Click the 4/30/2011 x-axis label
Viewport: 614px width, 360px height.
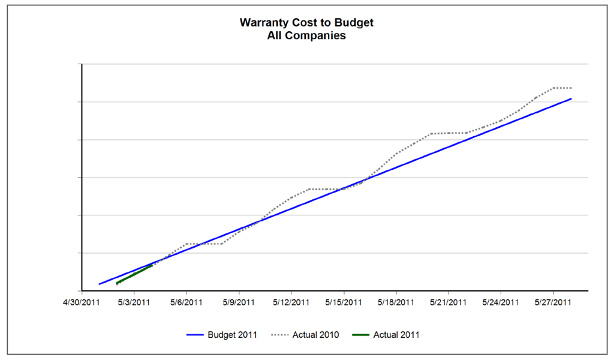pos(82,302)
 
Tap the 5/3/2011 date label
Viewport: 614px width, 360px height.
pos(134,302)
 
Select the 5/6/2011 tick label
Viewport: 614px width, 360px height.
pos(186,302)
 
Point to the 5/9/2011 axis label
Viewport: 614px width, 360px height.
pos(239,302)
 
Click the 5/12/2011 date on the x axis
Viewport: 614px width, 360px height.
pos(291,302)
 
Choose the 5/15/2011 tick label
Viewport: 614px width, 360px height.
pos(344,302)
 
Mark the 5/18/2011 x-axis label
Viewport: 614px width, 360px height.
pos(396,302)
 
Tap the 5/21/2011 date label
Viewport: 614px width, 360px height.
pos(449,302)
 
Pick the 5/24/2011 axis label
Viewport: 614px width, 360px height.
pos(501,302)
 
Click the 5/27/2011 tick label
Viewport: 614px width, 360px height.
pos(553,302)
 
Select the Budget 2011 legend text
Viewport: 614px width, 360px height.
pos(233,335)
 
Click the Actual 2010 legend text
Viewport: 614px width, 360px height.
pos(315,335)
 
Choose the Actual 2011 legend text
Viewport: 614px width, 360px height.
pos(396,335)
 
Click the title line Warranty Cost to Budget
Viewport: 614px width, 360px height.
pos(306,23)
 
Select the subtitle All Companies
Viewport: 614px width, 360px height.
pos(306,36)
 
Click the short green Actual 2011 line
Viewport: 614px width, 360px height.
pos(134,274)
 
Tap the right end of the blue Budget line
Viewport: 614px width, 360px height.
pos(570,99)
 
